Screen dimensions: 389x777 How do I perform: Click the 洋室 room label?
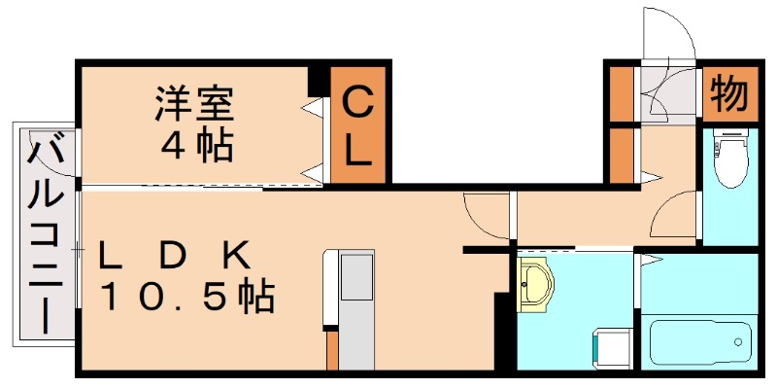[x=194, y=103]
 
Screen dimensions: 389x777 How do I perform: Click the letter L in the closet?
[x=358, y=151]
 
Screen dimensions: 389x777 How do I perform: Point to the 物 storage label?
[x=728, y=94]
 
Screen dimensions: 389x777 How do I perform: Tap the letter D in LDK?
[x=173, y=256]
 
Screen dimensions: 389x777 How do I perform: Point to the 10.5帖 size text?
[x=189, y=296]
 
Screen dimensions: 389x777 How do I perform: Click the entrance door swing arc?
[x=668, y=29]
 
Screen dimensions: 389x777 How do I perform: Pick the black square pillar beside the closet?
[x=318, y=81]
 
